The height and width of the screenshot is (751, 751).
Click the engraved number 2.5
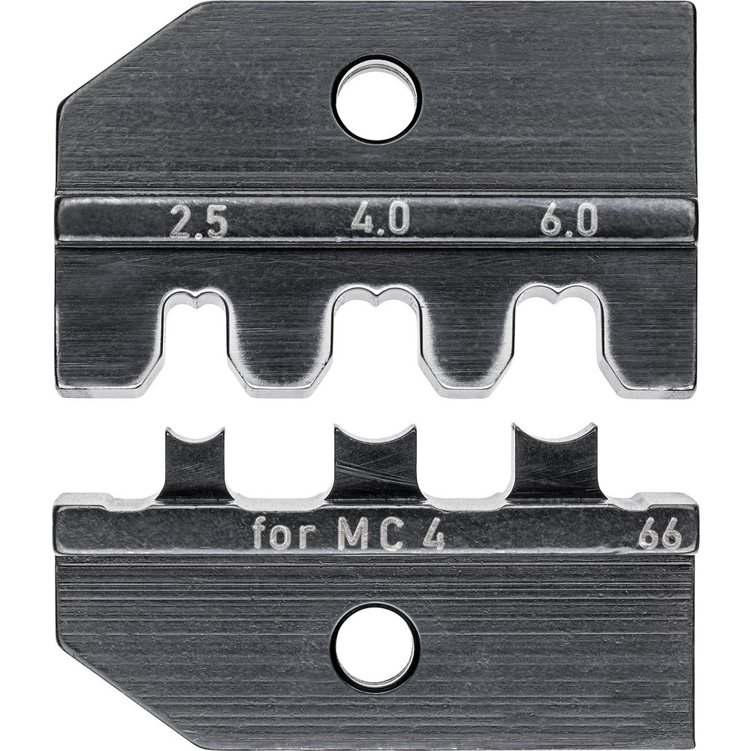(x=198, y=222)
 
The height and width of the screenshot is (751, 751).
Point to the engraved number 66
(x=659, y=536)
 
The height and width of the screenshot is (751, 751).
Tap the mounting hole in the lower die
(x=375, y=647)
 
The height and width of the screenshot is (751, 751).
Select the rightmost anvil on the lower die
(x=556, y=460)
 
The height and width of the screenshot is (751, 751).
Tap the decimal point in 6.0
(x=569, y=232)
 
